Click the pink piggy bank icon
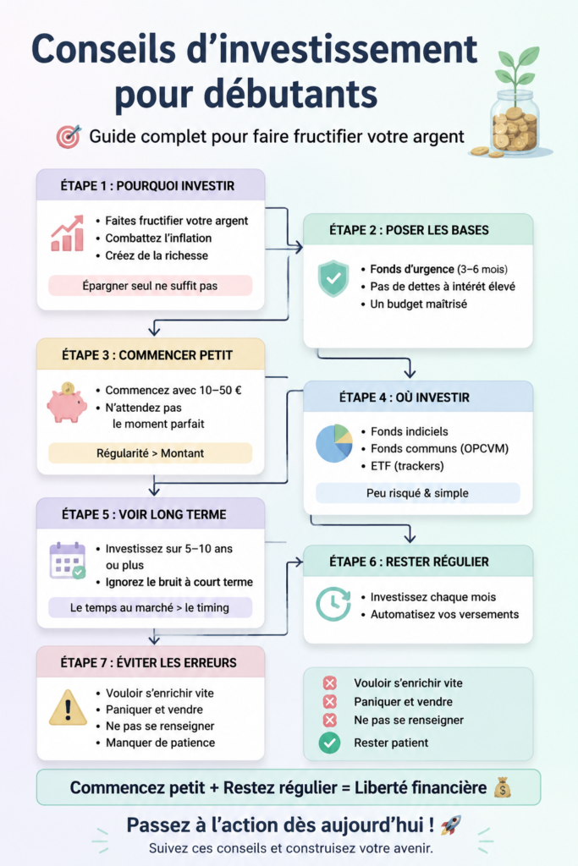67,403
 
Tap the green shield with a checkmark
333,278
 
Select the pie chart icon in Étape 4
334,443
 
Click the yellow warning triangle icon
68,708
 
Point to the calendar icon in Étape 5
68,561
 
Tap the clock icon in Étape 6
333,604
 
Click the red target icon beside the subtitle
69,136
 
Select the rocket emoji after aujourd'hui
451,825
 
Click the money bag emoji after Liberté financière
503,787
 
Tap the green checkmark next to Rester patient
329,743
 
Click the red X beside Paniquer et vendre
330,701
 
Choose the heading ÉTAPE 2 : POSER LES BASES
409,230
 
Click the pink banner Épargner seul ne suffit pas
151,286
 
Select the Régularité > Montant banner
151,453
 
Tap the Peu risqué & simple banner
418,493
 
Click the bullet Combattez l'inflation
154,238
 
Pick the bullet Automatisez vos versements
440,614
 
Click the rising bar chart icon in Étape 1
68,233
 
